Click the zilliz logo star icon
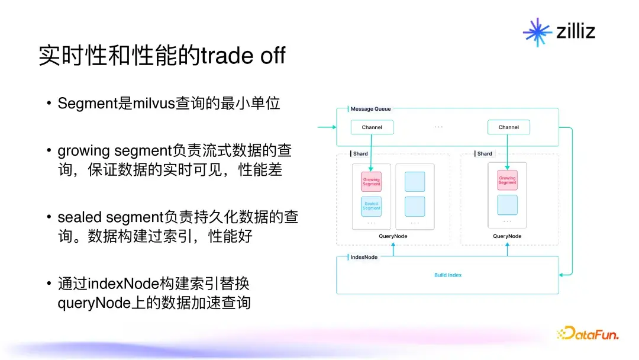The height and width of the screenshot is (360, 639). [x=537, y=32]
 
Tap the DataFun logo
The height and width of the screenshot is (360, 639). [x=588, y=333]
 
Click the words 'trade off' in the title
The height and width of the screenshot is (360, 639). [x=243, y=56]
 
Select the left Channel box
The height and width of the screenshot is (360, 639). [x=372, y=127]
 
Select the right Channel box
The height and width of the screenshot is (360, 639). [x=509, y=127]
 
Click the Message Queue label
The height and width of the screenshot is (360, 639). [x=370, y=109]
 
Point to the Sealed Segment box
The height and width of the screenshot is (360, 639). [x=371, y=206]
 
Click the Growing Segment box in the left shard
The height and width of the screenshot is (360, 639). [x=371, y=182]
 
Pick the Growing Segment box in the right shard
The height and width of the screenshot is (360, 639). [x=508, y=180]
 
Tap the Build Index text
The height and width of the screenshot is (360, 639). [x=448, y=275]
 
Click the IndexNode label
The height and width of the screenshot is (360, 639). [x=364, y=257]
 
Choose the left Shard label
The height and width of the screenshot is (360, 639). [x=360, y=154]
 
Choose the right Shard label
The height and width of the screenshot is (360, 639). [x=485, y=154]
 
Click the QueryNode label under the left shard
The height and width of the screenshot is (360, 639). [x=393, y=236]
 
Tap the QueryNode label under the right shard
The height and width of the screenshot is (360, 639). [x=508, y=236]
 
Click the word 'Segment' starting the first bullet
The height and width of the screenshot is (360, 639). [x=88, y=104]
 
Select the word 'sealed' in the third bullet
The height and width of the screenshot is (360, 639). [x=80, y=217]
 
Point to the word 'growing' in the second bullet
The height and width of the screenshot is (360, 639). [x=83, y=152]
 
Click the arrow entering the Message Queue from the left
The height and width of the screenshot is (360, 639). [x=327, y=127]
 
